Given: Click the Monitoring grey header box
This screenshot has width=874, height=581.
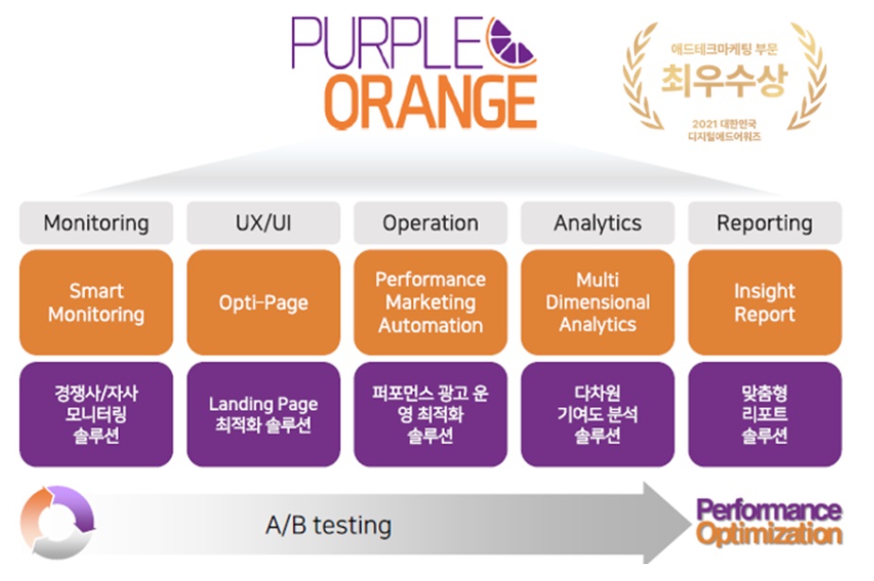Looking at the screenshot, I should tap(96, 223).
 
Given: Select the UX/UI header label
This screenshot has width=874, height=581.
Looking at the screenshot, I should tap(264, 223).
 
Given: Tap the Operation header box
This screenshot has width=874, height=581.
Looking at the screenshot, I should tap(431, 223).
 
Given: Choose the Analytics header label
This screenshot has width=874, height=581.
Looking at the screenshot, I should tap(598, 223).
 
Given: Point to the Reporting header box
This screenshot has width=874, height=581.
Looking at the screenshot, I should tap(764, 223).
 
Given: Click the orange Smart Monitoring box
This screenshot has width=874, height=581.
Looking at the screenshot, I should tap(96, 302).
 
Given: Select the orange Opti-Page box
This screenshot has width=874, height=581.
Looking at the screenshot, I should tap(264, 302).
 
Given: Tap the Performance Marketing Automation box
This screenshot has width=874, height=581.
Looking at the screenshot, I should tap(431, 302).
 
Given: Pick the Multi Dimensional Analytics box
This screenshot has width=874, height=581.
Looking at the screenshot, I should tap(598, 302).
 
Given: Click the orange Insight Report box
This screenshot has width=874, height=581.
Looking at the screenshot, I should tap(764, 302).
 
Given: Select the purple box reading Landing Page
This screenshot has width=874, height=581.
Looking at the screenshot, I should tap(264, 414).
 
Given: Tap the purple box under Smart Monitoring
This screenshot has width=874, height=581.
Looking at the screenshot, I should tap(96, 414).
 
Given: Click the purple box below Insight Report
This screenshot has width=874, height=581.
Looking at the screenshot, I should tap(764, 414).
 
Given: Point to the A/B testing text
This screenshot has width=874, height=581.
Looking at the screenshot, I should tap(328, 525).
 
